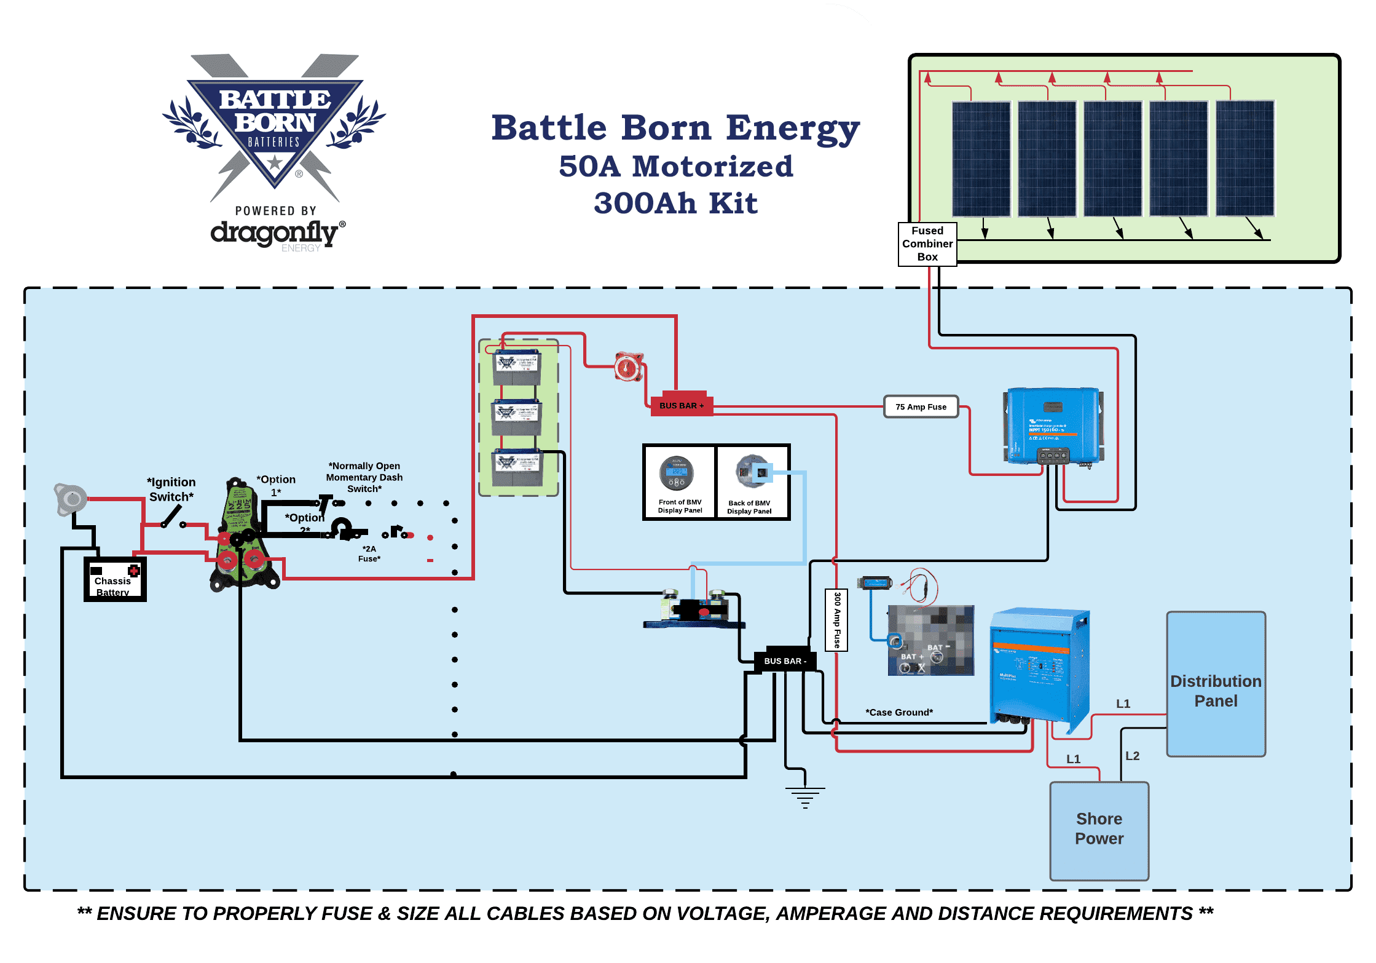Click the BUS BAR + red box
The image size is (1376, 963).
pos(681,405)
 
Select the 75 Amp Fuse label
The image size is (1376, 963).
pos(921,407)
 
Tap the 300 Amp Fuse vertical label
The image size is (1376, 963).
pos(836,620)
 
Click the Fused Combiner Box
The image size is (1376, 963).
pos(927,244)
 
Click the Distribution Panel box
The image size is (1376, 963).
pos(1216,684)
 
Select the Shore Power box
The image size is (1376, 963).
pos(1099,830)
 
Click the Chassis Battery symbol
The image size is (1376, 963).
pos(115,579)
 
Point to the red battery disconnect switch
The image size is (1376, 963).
pos(629,367)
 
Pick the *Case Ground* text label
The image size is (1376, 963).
pos(899,712)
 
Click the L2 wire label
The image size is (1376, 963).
pos(1132,756)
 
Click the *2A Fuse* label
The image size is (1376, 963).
pos(369,553)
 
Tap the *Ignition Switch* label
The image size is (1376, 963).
pos(171,489)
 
